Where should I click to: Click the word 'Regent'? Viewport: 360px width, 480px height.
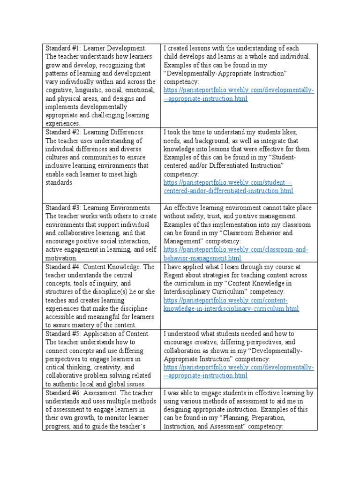pos(174,275)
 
